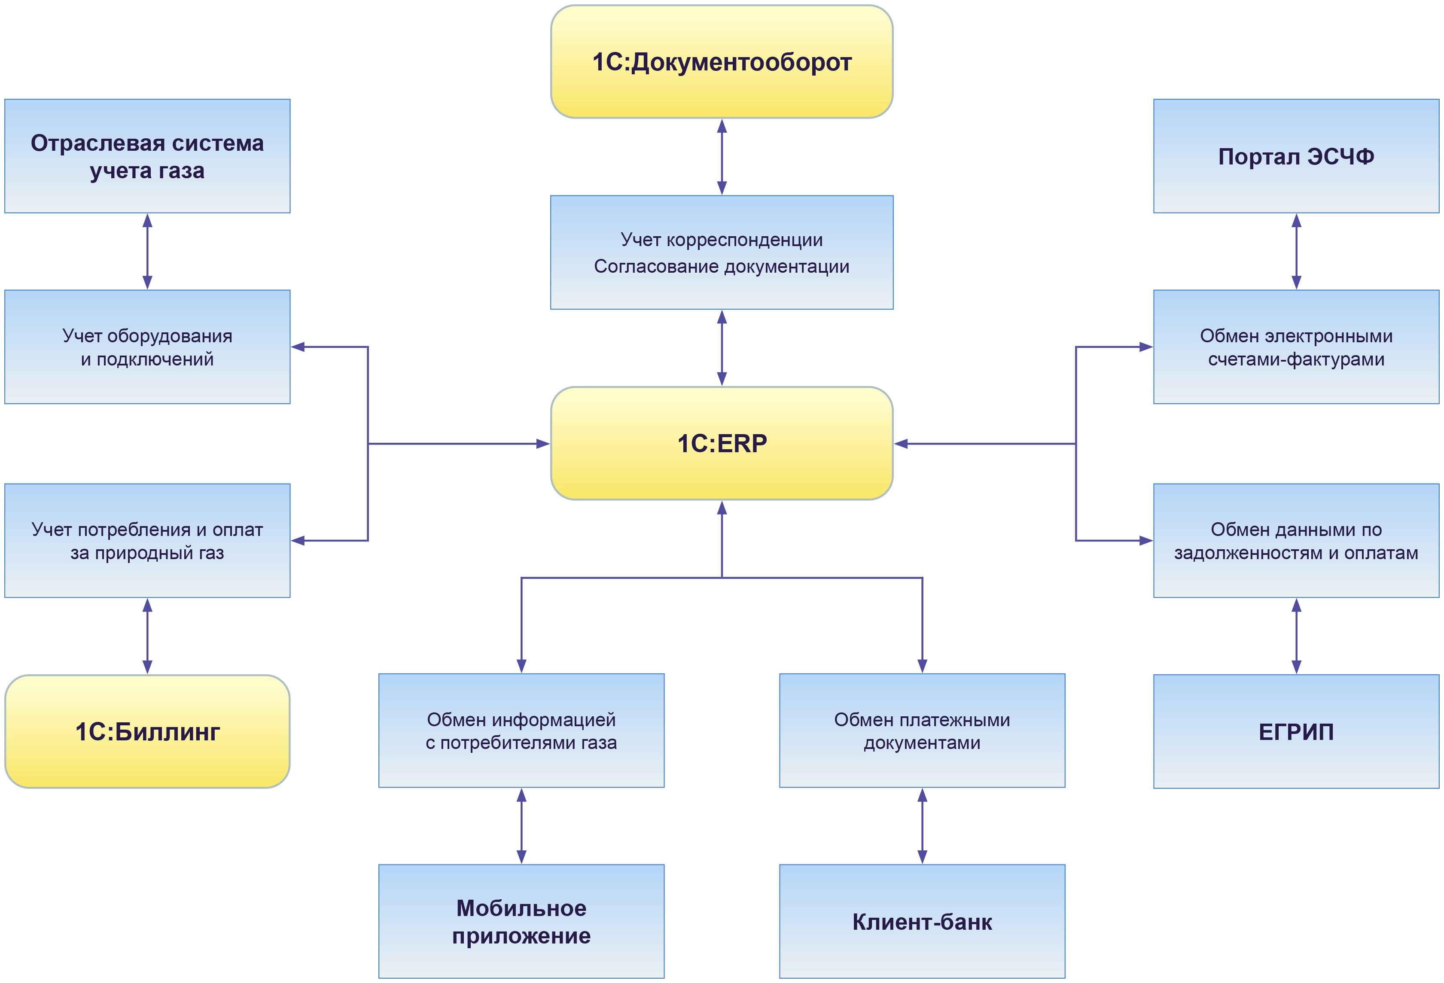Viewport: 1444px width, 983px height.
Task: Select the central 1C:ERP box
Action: click(722, 443)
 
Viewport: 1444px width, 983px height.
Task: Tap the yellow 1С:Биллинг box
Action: click(147, 731)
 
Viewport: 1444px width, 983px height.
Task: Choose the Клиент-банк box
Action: click(922, 922)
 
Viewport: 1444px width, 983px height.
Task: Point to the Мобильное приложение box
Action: click(521, 922)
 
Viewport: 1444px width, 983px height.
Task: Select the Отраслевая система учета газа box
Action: click(147, 156)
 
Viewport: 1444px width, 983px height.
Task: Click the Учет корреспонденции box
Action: click(722, 252)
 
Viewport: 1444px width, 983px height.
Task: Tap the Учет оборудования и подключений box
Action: click(147, 347)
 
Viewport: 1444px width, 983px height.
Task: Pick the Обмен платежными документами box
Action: click(922, 731)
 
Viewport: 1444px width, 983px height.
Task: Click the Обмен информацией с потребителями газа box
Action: click(521, 731)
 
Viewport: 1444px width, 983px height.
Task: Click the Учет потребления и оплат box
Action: click(147, 541)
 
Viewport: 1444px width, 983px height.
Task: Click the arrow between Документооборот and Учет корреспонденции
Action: click(722, 157)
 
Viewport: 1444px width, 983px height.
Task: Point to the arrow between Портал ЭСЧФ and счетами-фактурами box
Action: click(1296, 251)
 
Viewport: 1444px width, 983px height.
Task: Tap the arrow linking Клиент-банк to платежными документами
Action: click(922, 826)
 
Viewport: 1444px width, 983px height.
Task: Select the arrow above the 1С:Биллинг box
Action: click(147, 636)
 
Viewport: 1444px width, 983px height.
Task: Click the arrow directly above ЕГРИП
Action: click(1296, 636)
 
